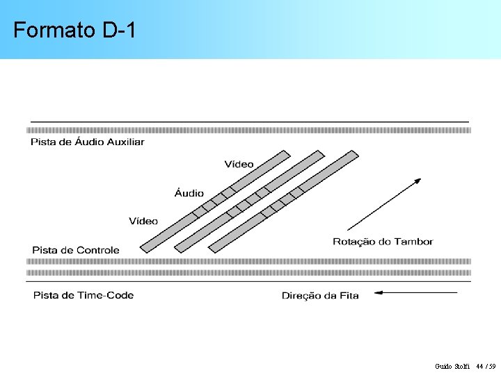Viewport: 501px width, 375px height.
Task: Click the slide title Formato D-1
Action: click(x=74, y=31)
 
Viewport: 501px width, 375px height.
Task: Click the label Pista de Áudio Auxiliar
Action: click(x=88, y=142)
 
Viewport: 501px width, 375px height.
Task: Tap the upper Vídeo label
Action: click(x=239, y=165)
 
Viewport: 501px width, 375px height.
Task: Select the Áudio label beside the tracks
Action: click(x=189, y=193)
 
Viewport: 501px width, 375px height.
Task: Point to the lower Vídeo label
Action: click(x=143, y=222)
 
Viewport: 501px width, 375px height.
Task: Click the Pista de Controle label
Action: click(x=76, y=250)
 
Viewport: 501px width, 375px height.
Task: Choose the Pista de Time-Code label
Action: click(x=83, y=295)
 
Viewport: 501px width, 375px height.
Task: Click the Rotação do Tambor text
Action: click(x=383, y=242)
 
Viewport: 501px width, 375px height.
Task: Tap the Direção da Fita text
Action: click(x=320, y=296)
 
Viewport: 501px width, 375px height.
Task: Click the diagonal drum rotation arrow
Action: click(x=384, y=204)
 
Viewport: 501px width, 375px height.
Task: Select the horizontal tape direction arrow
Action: click(x=416, y=293)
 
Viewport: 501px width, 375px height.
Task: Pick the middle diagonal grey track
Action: click(x=249, y=201)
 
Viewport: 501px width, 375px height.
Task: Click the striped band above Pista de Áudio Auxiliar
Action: click(x=248, y=130)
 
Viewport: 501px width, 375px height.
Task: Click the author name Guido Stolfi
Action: click(x=453, y=366)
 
